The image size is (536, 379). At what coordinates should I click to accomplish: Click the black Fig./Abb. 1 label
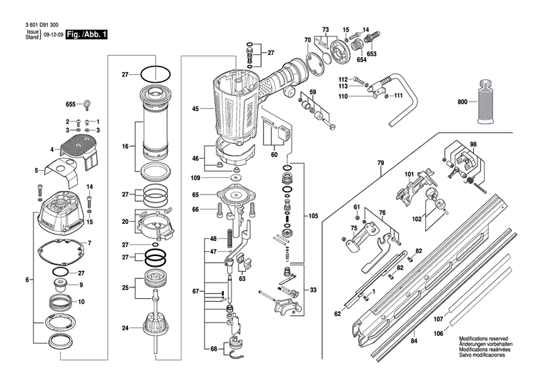coord(86,34)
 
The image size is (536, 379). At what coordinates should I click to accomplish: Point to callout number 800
coord(462,102)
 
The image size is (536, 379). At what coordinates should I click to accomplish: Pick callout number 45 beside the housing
coord(195,109)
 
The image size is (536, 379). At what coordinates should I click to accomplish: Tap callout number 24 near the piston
coord(125,329)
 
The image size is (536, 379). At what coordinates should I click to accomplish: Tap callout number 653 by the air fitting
coord(372,54)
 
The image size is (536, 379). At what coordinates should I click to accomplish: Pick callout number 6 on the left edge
coord(28,279)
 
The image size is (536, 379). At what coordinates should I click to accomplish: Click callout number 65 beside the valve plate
coord(195,195)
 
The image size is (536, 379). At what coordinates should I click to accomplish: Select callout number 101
coord(410,174)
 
